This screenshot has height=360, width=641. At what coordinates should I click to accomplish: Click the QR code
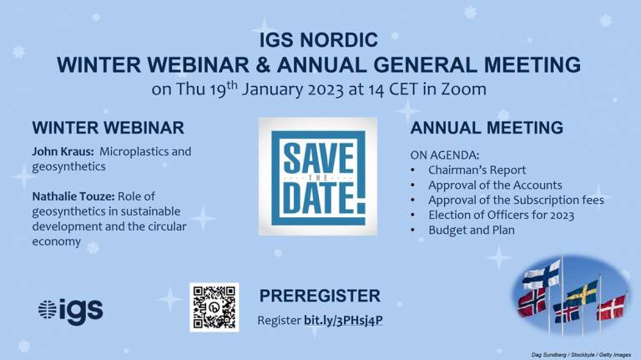point(215,307)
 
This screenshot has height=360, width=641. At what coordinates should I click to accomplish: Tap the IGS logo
point(70,312)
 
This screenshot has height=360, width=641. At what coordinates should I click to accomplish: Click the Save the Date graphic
point(318,176)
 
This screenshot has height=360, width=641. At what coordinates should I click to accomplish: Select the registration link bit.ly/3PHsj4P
point(343,320)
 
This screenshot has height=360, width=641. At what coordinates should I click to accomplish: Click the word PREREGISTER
point(320,296)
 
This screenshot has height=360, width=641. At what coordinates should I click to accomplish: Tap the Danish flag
point(612,307)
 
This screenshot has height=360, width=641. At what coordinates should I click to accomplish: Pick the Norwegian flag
point(532,302)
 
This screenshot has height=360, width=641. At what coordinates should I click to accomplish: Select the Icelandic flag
point(566,312)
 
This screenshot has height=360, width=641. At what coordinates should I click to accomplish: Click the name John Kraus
point(63,151)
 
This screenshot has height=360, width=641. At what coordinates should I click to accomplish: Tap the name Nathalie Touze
point(73,196)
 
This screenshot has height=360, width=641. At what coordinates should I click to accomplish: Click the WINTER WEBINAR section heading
point(109,128)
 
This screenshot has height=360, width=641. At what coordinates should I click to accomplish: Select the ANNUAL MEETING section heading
point(487,128)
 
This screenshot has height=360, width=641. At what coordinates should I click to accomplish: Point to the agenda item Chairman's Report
point(477,170)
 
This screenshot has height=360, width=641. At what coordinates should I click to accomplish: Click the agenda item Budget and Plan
point(472,230)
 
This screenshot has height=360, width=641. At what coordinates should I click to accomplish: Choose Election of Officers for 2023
point(501,215)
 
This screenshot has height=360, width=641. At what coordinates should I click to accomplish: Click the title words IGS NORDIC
point(319,40)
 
